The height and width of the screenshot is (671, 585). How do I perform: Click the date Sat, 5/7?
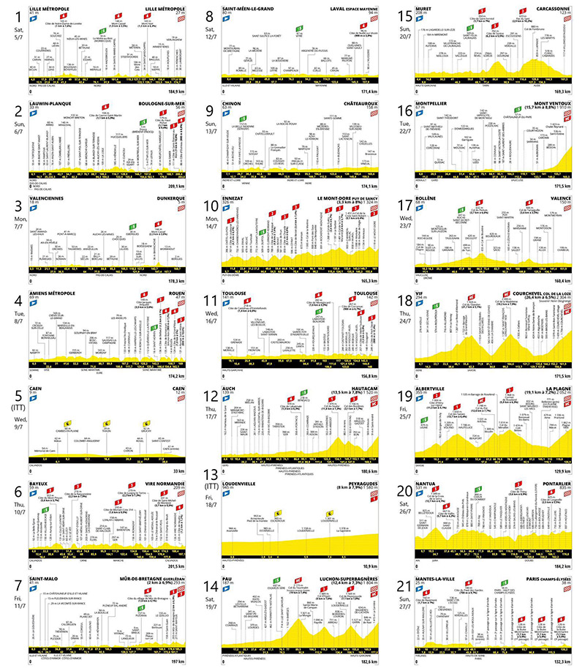(x=11, y=29)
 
